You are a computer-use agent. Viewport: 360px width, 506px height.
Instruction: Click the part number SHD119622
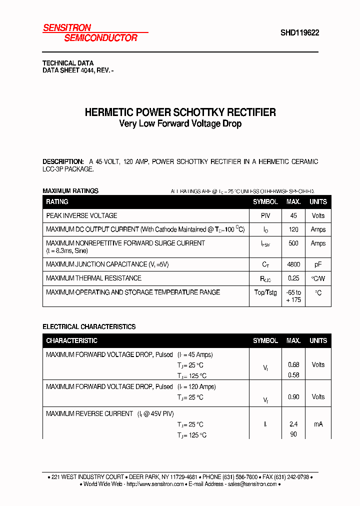pos(299,33)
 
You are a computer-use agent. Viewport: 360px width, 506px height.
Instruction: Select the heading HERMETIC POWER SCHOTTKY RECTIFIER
pos(180,112)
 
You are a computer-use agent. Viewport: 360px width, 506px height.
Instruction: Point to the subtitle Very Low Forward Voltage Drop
pos(180,123)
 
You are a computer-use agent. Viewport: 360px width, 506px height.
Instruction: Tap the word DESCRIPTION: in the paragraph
pos(63,161)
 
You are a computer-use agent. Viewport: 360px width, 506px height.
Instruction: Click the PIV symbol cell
pos(265,215)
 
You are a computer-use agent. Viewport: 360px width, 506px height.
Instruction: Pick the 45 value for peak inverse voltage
pos(293,215)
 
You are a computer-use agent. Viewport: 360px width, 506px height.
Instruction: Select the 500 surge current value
pos(293,243)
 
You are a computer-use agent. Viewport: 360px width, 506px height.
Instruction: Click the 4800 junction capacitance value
pos(293,264)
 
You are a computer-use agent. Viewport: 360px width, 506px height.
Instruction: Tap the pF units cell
pos(318,264)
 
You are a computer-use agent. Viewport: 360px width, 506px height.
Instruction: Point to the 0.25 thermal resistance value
pos(293,278)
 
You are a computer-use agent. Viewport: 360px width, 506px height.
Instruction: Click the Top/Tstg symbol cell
pos(265,292)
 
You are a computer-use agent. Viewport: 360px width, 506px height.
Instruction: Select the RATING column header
pos(57,202)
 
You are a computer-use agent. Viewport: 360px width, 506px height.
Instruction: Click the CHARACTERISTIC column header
pos(71,340)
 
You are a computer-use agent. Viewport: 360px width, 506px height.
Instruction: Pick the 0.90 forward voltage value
pos(293,397)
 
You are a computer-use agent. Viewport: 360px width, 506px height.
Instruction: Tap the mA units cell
pos(318,424)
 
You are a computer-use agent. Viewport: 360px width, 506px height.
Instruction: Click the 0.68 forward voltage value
pos(293,364)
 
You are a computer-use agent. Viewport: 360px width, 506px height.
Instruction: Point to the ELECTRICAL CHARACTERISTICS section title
pos(89,327)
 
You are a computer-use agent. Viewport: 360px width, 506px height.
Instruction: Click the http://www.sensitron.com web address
pos(155,484)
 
